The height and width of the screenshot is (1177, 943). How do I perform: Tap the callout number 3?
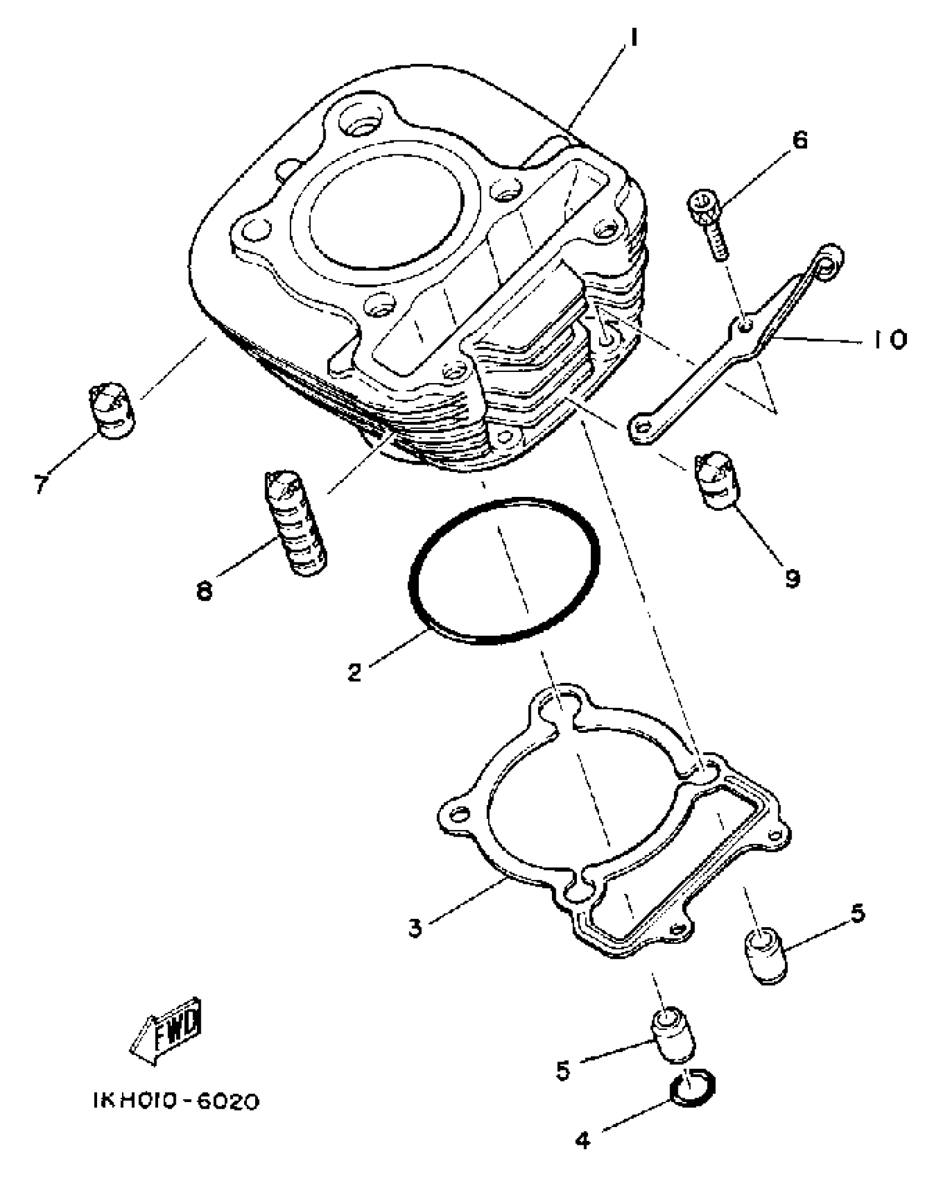[x=415, y=927]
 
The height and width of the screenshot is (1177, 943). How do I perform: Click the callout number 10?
[x=886, y=339]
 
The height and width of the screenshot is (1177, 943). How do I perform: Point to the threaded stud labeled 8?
[x=294, y=524]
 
